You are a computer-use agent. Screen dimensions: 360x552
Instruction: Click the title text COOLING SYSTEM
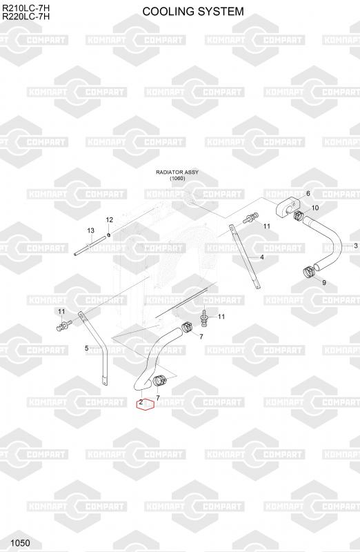(193, 11)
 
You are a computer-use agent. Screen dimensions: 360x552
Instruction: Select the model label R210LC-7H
(26, 8)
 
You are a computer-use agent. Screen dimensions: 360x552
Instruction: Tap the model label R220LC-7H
(26, 17)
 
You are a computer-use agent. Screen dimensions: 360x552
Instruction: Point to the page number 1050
(21, 543)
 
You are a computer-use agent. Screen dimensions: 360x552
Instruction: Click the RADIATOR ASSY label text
(177, 172)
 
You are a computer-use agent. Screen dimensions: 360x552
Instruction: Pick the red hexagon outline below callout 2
(146, 405)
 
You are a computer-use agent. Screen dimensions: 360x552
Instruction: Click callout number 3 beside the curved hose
(356, 246)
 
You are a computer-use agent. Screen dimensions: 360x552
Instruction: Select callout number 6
(308, 193)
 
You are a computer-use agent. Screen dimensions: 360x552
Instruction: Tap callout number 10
(315, 208)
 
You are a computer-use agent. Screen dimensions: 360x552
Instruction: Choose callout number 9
(324, 282)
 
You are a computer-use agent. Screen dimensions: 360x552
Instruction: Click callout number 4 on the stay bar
(262, 257)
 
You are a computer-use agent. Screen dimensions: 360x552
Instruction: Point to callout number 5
(87, 348)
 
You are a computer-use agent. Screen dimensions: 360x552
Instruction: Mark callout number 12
(110, 219)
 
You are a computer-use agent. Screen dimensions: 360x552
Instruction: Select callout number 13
(90, 230)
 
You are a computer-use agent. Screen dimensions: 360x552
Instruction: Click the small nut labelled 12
(109, 235)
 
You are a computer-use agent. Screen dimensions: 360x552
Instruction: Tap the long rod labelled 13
(90, 246)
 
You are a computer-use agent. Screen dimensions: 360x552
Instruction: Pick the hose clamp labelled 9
(309, 272)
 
